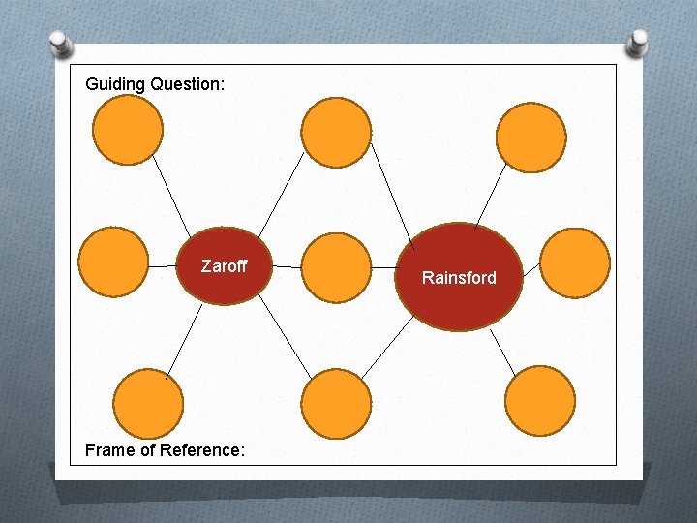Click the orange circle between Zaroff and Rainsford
(336, 267)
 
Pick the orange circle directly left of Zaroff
(113, 261)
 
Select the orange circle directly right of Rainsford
(574, 262)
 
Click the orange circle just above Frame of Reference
(147, 404)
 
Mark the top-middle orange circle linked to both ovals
(336, 133)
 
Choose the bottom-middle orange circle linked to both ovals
(336, 404)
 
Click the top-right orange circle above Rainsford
(530, 138)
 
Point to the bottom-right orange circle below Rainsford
(540, 401)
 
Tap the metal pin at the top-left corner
(61, 44)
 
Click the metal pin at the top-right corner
(639, 42)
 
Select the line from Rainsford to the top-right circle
(491, 199)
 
